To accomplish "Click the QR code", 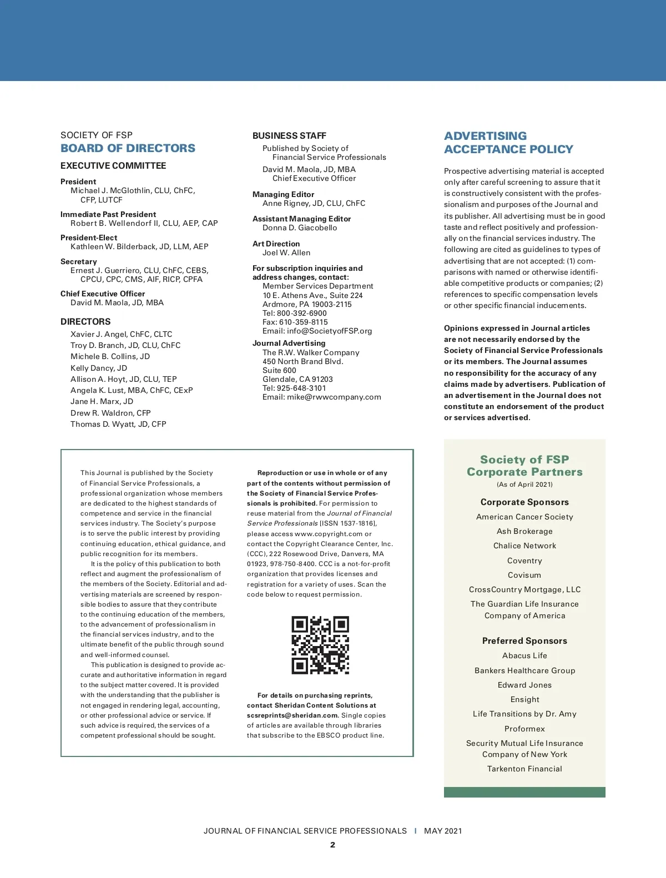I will point(320,645).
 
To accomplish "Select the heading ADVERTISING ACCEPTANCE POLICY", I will point(508,143).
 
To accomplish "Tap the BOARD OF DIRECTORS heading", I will point(128,148).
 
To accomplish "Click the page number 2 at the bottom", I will point(332,845).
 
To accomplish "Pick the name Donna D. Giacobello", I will point(300,228).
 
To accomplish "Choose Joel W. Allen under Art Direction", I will point(286,253).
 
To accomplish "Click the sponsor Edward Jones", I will point(524,685).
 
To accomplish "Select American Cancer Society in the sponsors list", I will point(524,517).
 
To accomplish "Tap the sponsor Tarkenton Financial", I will point(524,769).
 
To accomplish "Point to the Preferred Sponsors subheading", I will point(524,640).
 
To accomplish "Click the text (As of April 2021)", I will point(524,485).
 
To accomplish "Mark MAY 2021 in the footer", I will point(443,831).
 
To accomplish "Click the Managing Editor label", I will point(283,194).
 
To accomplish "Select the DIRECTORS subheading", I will point(85,321).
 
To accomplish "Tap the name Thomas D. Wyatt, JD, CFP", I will point(118,424).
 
